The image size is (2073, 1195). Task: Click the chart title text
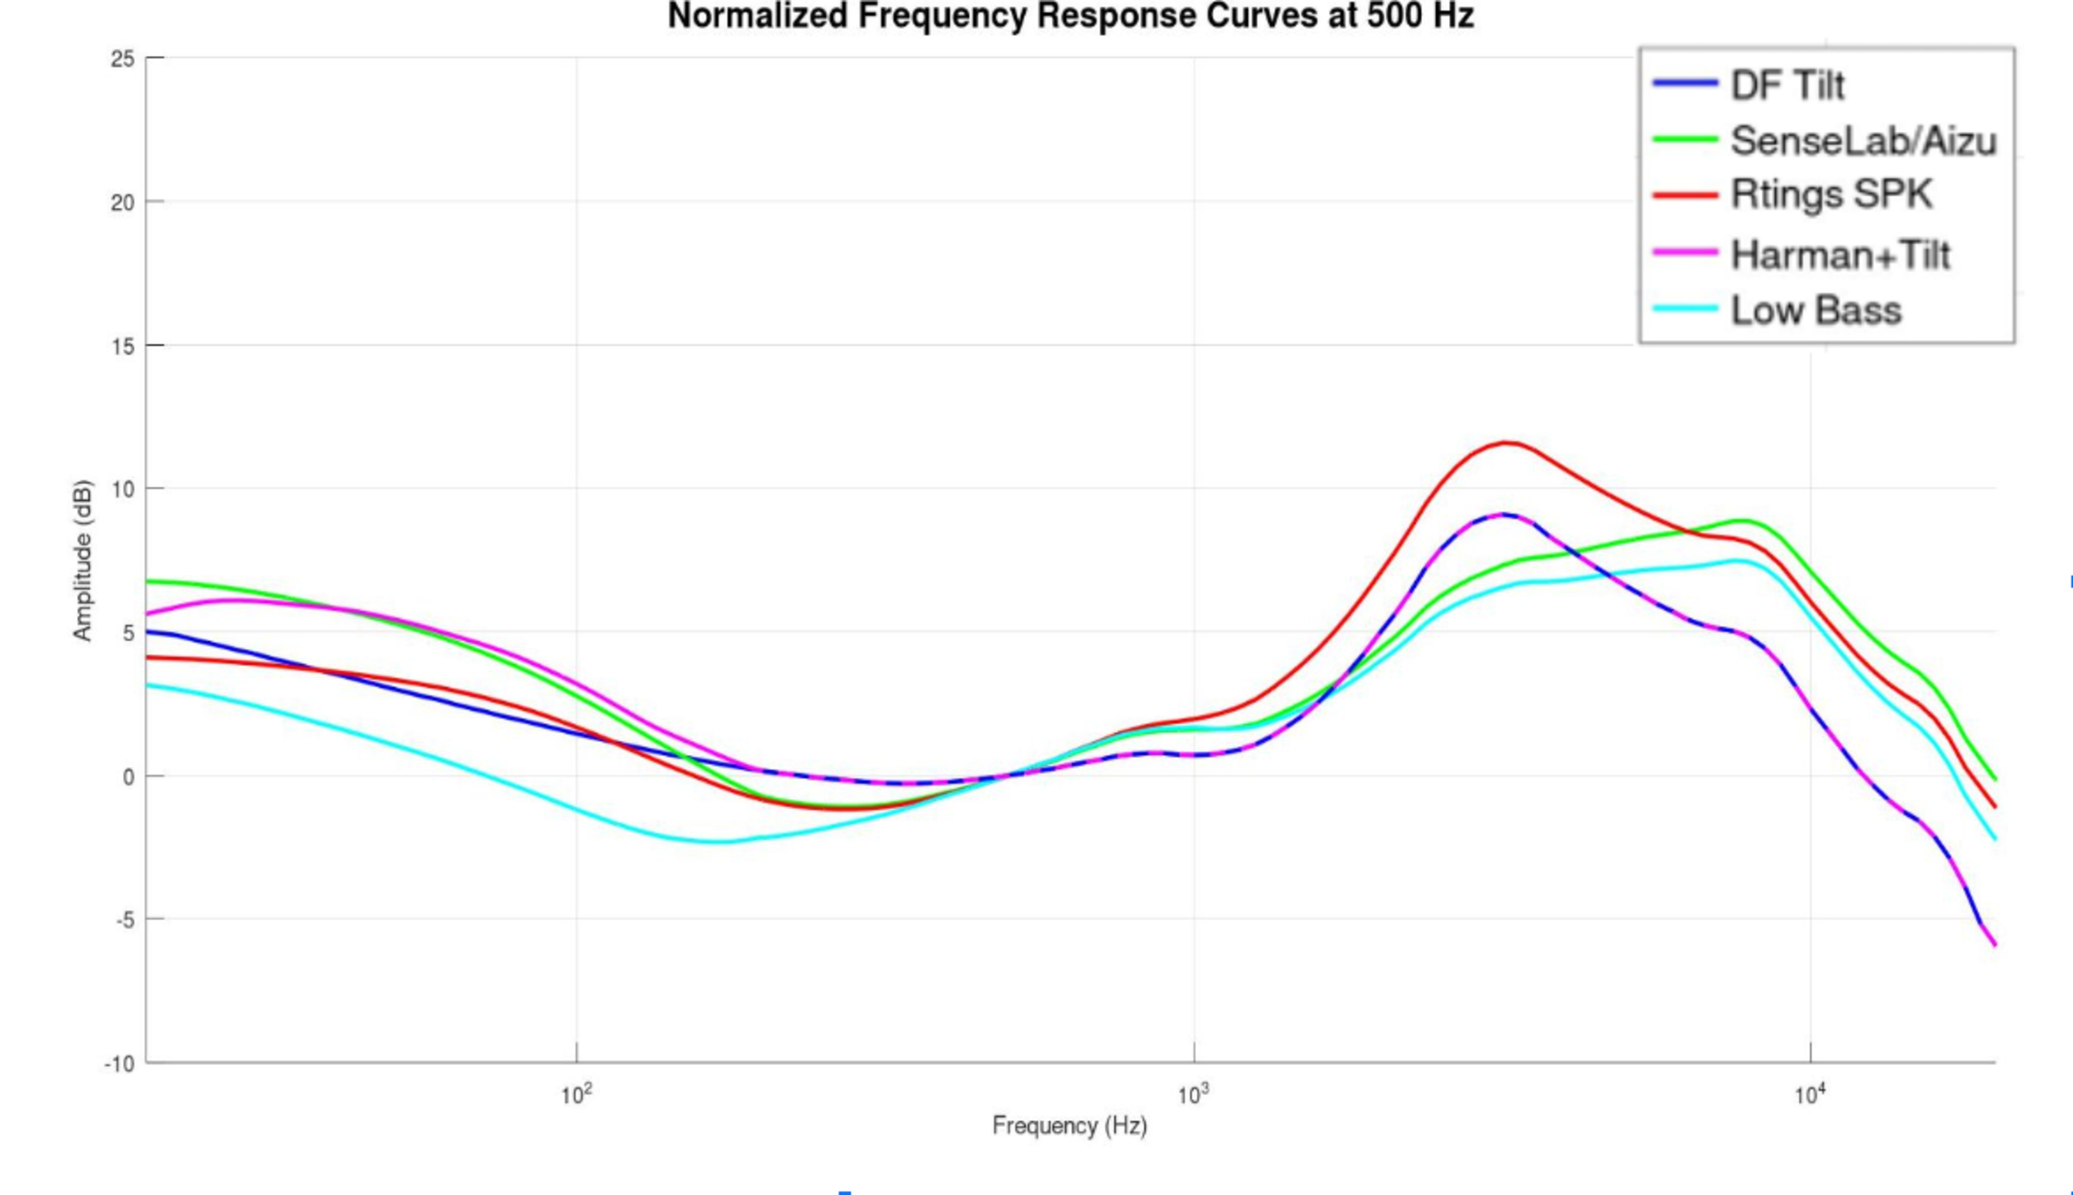click(1070, 16)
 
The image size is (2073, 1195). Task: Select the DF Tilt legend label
click(1787, 85)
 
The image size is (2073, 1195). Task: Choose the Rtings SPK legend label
click(1832, 195)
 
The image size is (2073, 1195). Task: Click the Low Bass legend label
click(1815, 310)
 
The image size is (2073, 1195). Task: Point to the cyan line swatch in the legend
click(1685, 309)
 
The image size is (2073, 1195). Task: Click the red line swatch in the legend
click(1685, 195)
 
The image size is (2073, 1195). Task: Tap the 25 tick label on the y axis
click(123, 59)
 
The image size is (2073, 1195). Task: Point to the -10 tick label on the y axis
click(119, 1064)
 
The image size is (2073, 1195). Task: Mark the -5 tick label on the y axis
click(124, 921)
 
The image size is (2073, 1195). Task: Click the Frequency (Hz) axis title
click(1069, 1125)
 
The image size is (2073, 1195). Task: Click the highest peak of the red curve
click(1507, 443)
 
